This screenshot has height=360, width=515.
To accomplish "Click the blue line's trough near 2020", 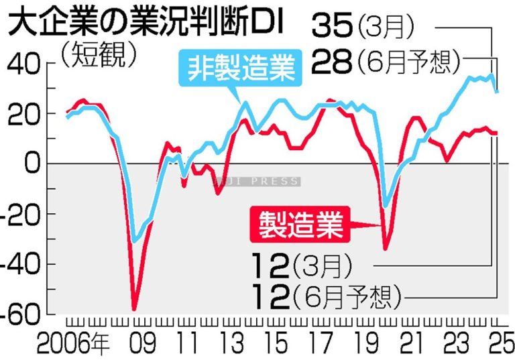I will [385, 206].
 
